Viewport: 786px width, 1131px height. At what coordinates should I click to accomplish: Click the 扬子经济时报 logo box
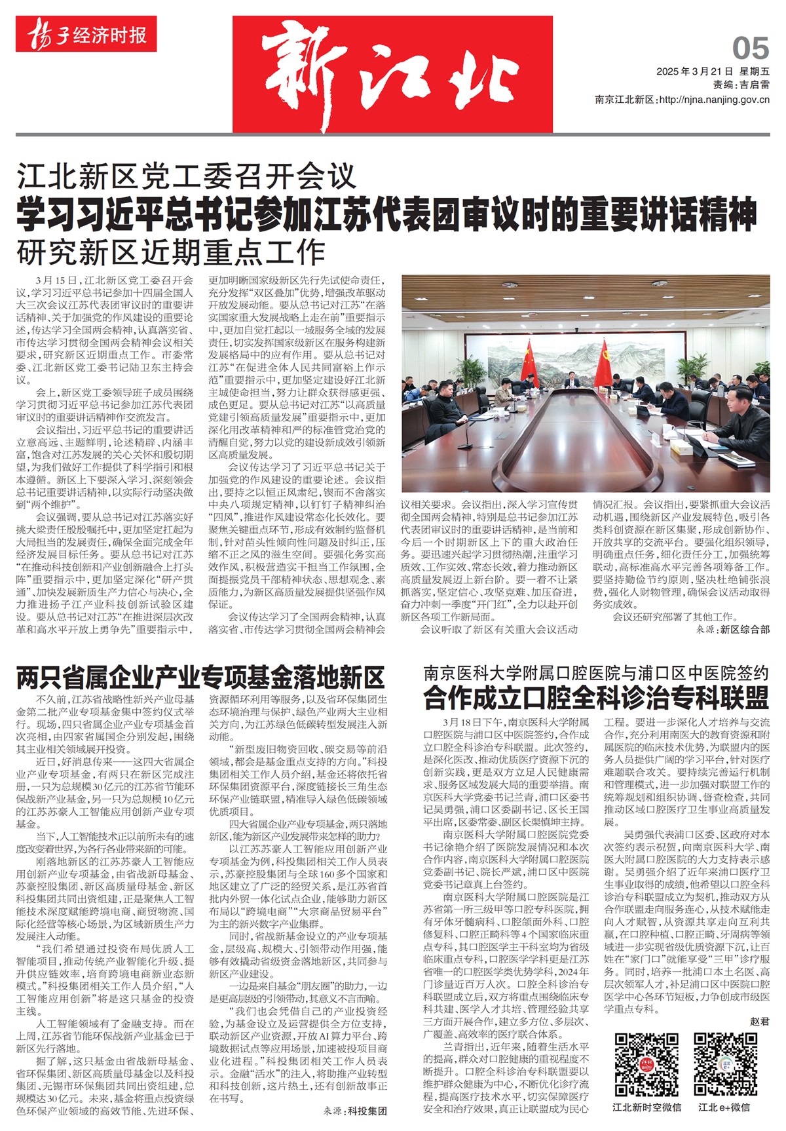pos(86,35)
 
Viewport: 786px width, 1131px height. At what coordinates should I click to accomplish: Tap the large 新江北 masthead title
pos(392,74)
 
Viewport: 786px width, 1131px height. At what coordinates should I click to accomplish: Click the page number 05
pos(750,49)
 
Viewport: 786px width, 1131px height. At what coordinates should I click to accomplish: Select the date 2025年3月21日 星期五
pos(713,71)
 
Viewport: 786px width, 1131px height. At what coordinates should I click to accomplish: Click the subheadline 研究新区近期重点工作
pos(172,252)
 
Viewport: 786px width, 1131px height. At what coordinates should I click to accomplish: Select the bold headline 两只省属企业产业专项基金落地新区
pos(200,676)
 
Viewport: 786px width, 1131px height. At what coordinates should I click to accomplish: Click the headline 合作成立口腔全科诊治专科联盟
pos(595,698)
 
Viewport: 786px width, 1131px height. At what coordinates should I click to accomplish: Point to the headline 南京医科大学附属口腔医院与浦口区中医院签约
pos(595,672)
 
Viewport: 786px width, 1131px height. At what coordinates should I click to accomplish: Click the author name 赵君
pos(759,1021)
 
